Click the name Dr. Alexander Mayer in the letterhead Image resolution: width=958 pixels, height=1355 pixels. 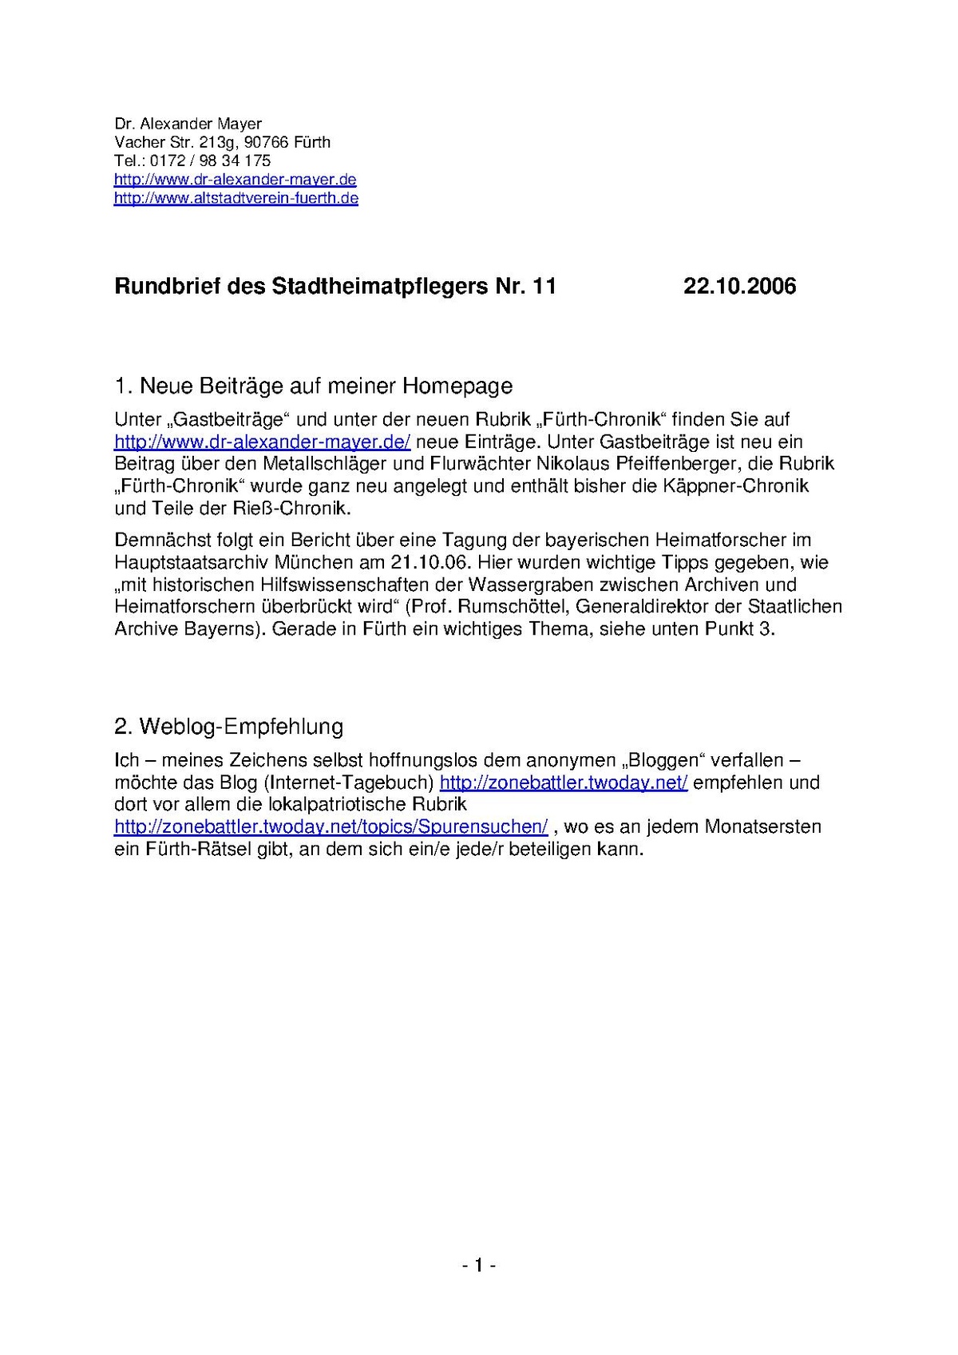click(188, 124)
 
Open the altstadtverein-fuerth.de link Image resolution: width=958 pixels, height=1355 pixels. click(236, 198)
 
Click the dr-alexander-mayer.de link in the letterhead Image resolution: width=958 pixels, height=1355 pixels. click(235, 180)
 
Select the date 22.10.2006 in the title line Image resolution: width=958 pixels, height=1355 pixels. click(739, 287)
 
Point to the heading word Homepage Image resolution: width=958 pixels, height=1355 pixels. click(457, 386)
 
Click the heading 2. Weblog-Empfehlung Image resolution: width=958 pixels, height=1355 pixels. click(229, 727)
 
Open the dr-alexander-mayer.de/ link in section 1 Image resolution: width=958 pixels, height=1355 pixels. click(262, 442)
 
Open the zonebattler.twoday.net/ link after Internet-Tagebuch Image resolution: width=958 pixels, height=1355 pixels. click(563, 782)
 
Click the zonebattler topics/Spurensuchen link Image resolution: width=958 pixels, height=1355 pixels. click(331, 826)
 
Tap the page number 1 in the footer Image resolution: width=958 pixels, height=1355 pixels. click(479, 1265)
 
